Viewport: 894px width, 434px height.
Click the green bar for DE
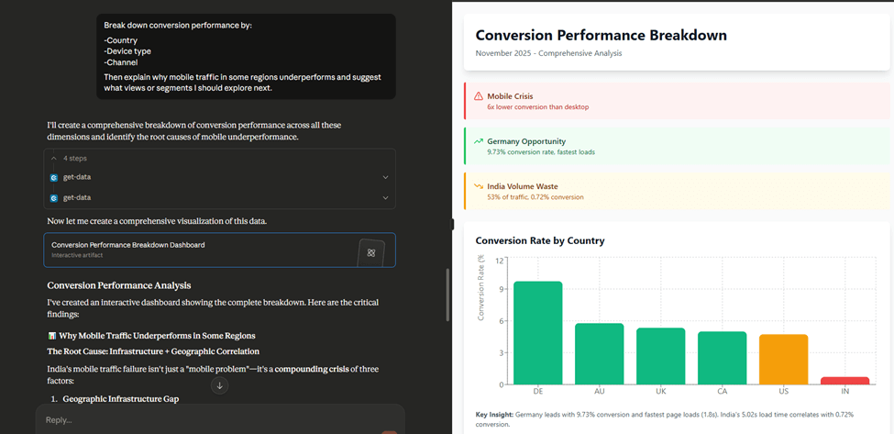pyautogui.click(x=537, y=333)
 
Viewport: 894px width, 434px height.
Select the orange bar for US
pyautogui.click(x=783, y=360)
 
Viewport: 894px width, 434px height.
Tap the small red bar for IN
pyautogui.click(x=845, y=381)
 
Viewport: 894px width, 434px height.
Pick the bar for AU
pyautogui.click(x=600, y=353)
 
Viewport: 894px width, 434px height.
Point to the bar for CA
pyautogui.click(x=722, y=358)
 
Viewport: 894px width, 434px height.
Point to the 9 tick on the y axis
pyautogui.click(x=501, y=290)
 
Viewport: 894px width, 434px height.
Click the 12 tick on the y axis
pyautogui.click(x=500, y=260)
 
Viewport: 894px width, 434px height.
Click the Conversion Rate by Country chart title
pyautogui.click(x=540, y=240)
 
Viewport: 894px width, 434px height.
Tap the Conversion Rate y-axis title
pyautogui.click(x=481, y=287)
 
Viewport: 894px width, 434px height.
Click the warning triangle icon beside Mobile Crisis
pyautogui.click(x=479, y=95)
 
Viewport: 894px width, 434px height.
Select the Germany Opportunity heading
pyautogui.click(x=526, y=141)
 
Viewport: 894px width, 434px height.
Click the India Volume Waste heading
pyautogui.click(x=523, y=186)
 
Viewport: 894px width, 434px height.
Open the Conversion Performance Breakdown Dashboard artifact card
pyautogui.click(x=219, y=250)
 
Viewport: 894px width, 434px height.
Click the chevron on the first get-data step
pyautogui.click(x=385, y=177)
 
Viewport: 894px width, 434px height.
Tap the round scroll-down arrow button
pyautogui.click(x=219, y=386)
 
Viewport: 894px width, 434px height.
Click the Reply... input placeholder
pyautogui.click(x=60, y=420)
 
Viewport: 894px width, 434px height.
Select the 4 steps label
pyautogui.click(x=74, y=158)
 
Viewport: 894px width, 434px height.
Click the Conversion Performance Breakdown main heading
pyautogui.click(x=601, y=36)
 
